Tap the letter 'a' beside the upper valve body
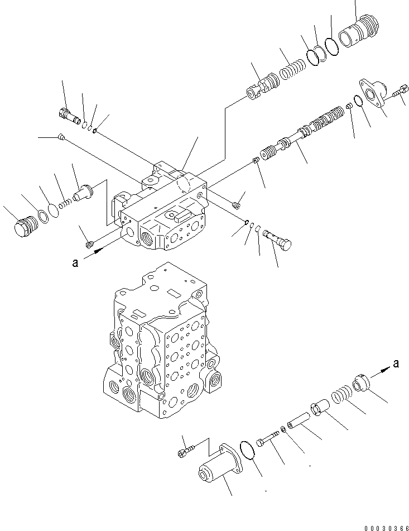(x=75, y=264)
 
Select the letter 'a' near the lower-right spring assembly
(x=396, y=364)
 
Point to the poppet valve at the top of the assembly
(x=261, y=87)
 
